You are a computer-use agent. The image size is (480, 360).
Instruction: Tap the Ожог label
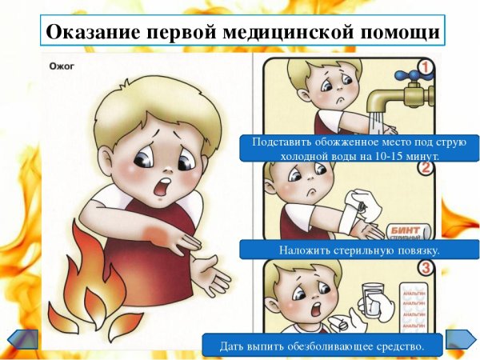click(x=61, y=67)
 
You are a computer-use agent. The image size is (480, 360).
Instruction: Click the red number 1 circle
click(x=426, y=69)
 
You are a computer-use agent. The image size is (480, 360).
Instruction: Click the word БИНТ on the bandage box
click(x=405, y=228)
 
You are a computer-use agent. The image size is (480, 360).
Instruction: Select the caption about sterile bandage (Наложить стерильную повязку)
click(x=350, y=250)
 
